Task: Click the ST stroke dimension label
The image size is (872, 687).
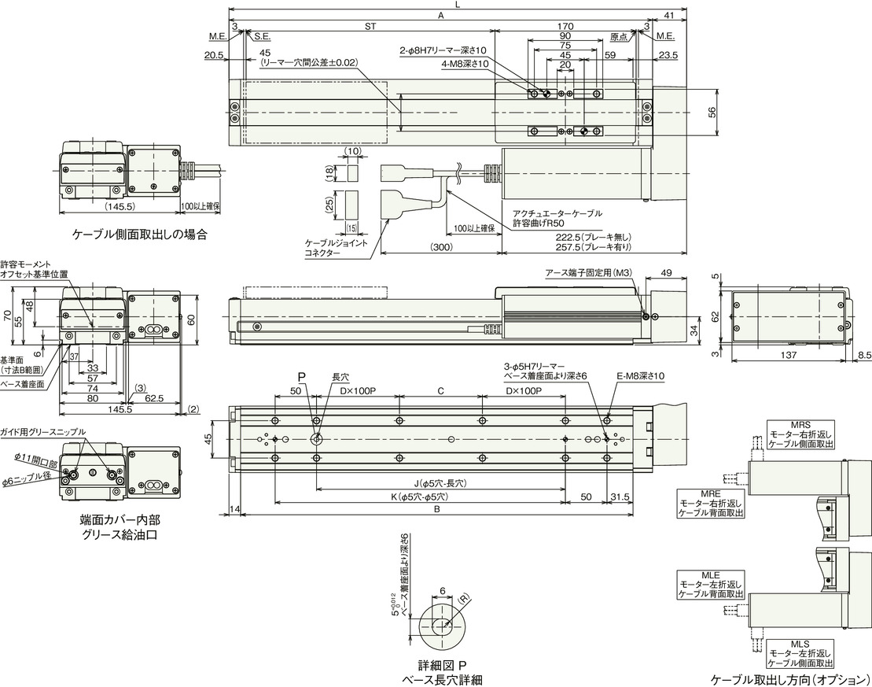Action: pyautogui.click(x=370, y=26)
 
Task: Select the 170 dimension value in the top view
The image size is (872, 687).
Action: pyautogui.click(x=565, y=26)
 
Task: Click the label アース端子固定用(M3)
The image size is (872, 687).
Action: pyautogui.click(x=587, y=272)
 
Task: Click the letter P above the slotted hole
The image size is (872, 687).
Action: pyautogui.click(x=299, y=377)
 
